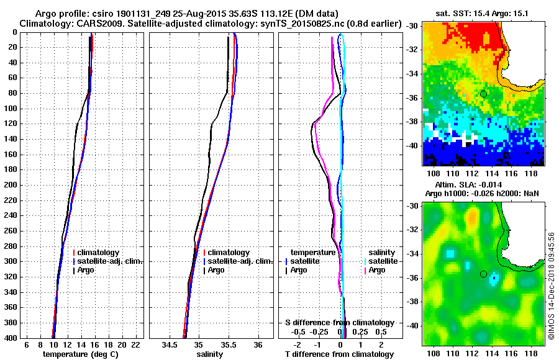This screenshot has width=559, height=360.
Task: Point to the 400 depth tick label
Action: pyautogui.click(x=11, y=338)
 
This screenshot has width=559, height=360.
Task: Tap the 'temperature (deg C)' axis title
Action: pyautogui.click(x=80, y=354)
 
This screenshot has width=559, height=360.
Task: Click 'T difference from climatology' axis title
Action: pyautogui.click(x=340, y=354)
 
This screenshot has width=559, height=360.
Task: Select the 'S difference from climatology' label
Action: pyautogui.click(x=340, y=323)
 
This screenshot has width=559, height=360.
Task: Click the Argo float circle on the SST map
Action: pyautogui.click(x=483, y=94)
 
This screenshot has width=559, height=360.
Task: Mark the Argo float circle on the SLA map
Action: pyautogui.click(x=483, y=274)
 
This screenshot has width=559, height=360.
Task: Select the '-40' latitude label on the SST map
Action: pyautogui.click(x=412, y=145)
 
